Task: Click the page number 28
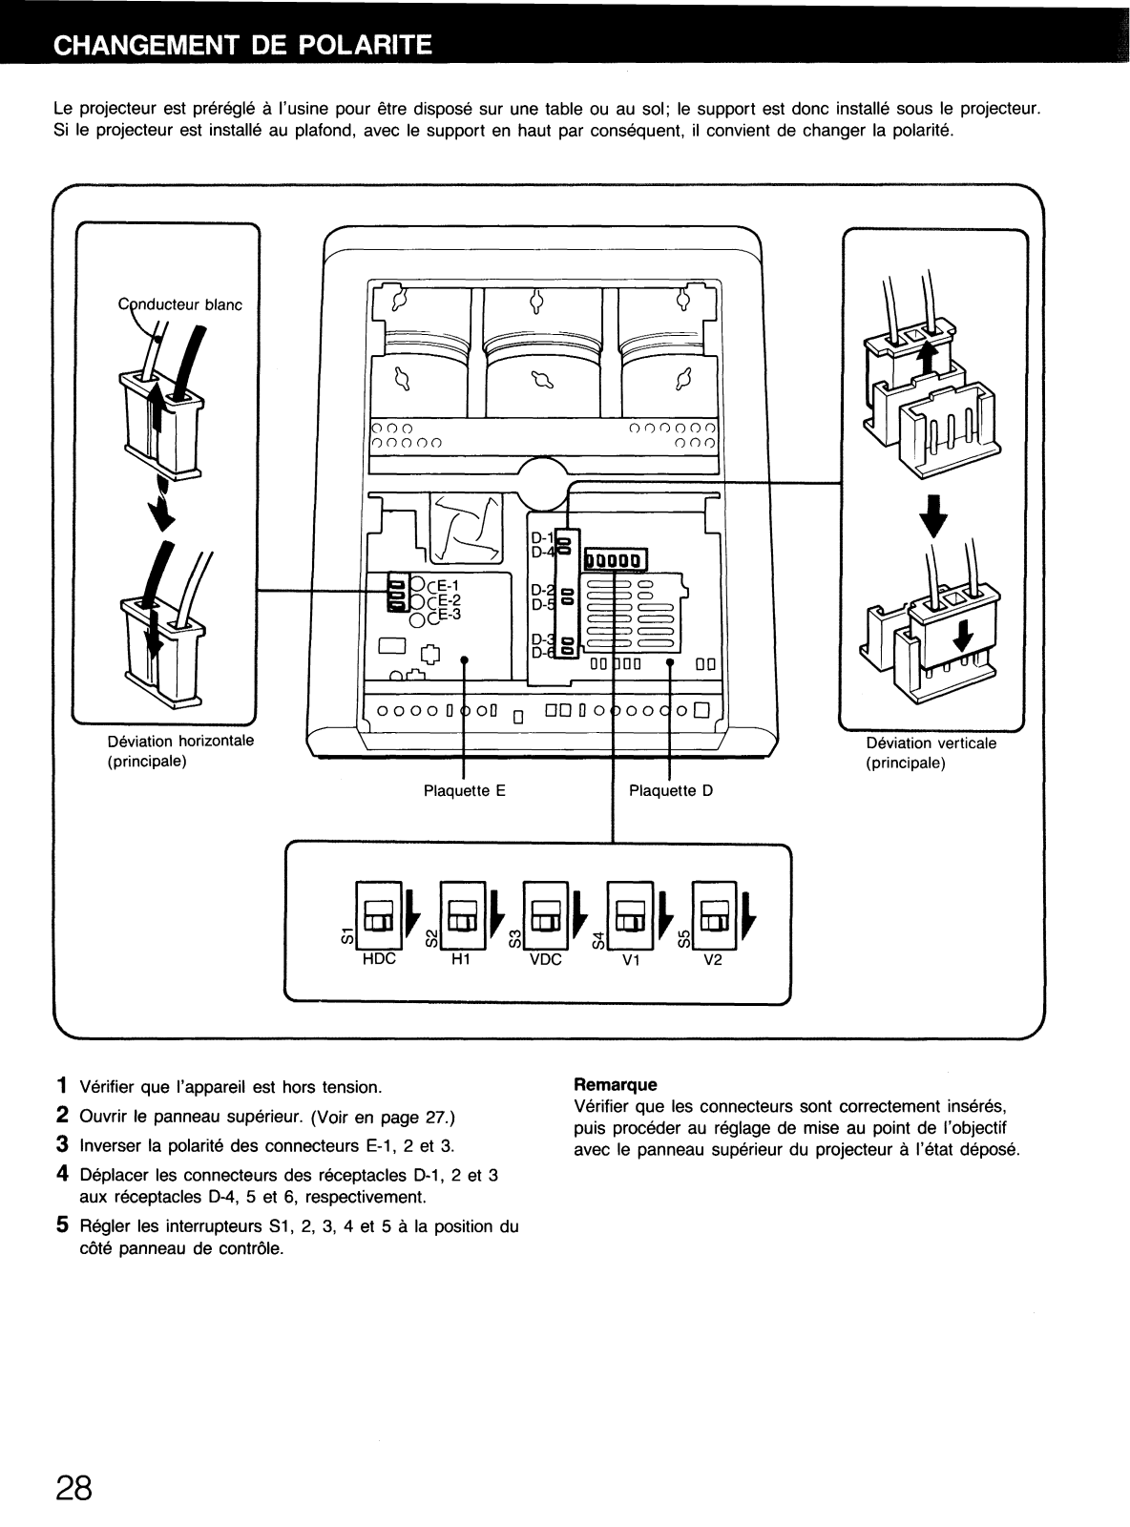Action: point(73,1487)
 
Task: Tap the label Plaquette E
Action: point(464,790)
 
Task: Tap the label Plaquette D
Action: point(671,790)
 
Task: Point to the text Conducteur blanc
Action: point(180,305)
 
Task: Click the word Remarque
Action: point(616,1084)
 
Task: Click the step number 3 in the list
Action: point(61,1144)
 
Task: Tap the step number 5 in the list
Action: point(61,1225)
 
